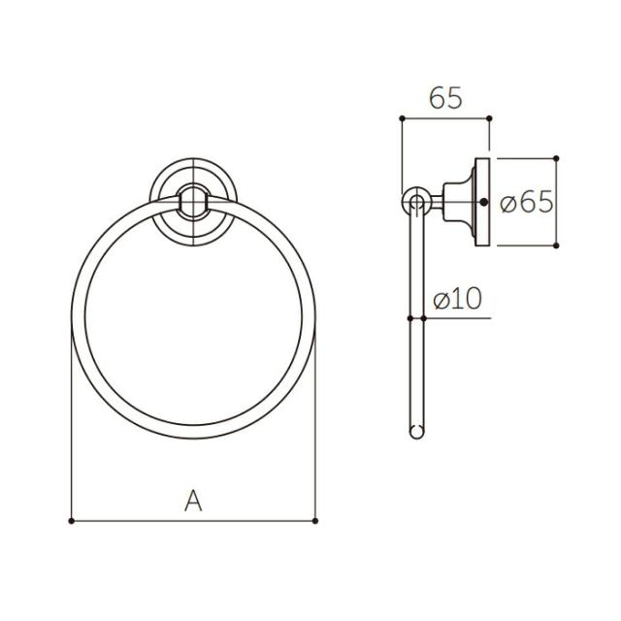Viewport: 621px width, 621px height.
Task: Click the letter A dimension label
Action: pyautogui.click(x=193, y=501)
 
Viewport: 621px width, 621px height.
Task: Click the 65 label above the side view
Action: pyautogui.click(x=445, y=98)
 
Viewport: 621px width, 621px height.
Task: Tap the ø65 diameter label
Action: pyautogui.click(x=526, y=202)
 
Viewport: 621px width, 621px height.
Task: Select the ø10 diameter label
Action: pyautogui.click(x=458, y=298)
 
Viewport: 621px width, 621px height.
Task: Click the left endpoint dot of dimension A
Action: pyautogui.click(x=71, y=521)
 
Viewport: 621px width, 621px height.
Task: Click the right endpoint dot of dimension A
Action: pyautogui.click(x=315, y=521)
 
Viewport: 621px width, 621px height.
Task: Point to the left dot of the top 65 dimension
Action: pyautogui.click(x=402, y=118)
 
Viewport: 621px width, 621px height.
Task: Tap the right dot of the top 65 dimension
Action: pyautogui.click(x=489, y=118)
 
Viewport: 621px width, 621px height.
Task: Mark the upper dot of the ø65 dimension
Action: pyautogui.click(x=556, y=158)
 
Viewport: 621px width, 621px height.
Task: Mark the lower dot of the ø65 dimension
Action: pyautogui.click(x=556, y=245)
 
